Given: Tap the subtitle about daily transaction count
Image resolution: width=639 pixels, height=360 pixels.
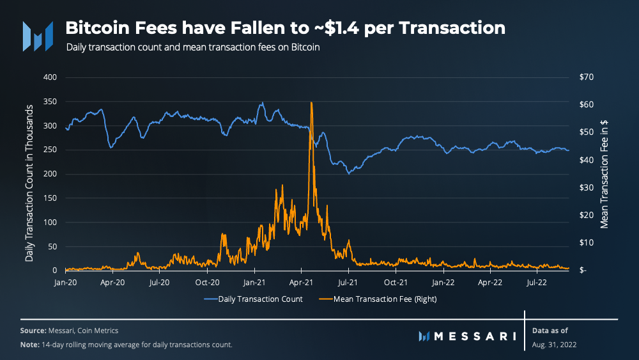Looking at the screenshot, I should pyautogui.click(x=192, y=47).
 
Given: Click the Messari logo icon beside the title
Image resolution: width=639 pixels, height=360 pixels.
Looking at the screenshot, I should pyautogui.click(x=38, y=36).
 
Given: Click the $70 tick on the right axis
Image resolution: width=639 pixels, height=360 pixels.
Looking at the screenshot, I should pyautogui.click(x=586, y=77).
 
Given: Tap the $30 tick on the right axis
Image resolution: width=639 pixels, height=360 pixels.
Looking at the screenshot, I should pyautogui.click(x=586, y=188).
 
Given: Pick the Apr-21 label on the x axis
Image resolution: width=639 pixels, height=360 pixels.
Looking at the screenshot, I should pyautogui.click(x=301, y=281).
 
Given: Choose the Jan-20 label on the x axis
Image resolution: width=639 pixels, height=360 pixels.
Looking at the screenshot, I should pyautogui.click(x=66, y=281).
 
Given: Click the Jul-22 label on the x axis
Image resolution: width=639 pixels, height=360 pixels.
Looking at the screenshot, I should pyautogui.click(x=536, y=281).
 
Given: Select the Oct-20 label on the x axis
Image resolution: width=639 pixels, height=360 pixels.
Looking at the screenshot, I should pyautogui.click(x=207, y=281).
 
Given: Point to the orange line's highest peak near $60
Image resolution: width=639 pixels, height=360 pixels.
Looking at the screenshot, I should pyautogui.click(x=311, y=103).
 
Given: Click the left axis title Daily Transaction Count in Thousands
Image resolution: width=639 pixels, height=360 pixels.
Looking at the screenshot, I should pyautogui.click(x=29, y=174).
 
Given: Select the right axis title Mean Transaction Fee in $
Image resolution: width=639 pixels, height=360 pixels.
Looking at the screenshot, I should pyautogui.click(x=604, y=174).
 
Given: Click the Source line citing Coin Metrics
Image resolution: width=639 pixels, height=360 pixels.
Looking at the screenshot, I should pyautogui.click(x=69, y=331).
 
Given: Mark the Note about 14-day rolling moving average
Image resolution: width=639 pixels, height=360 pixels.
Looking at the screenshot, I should pyautogui.click(x=126, y=345).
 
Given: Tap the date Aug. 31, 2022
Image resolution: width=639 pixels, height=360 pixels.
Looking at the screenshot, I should pyautogui.click(x=554, y=345).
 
